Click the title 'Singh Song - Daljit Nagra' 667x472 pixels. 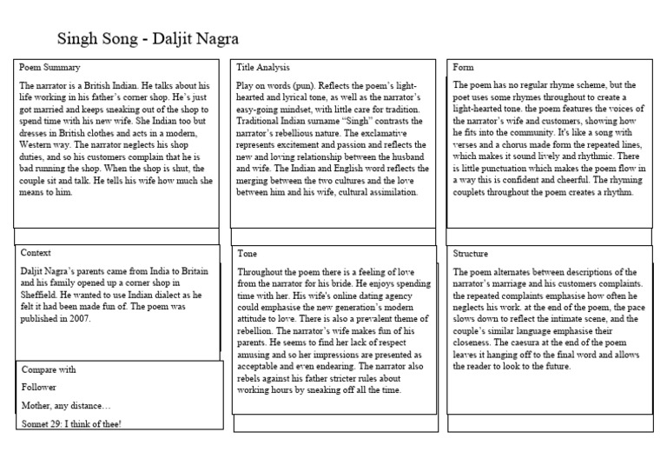(x=148, y=40)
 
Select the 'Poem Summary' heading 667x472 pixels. (x=50, y=68)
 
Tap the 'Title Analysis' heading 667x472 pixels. (x=263, y=68)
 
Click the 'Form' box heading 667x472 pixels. (x=463, y=68)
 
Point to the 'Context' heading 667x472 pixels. (x=36, y=252)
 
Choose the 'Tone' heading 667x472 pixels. (x=248, y=253)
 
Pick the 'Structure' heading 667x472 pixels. (x=472, y=253)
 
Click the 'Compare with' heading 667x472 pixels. (x=50, y=369)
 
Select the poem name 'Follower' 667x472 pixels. (x=39, y=388)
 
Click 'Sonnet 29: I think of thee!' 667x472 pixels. (x=72, y=424)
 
